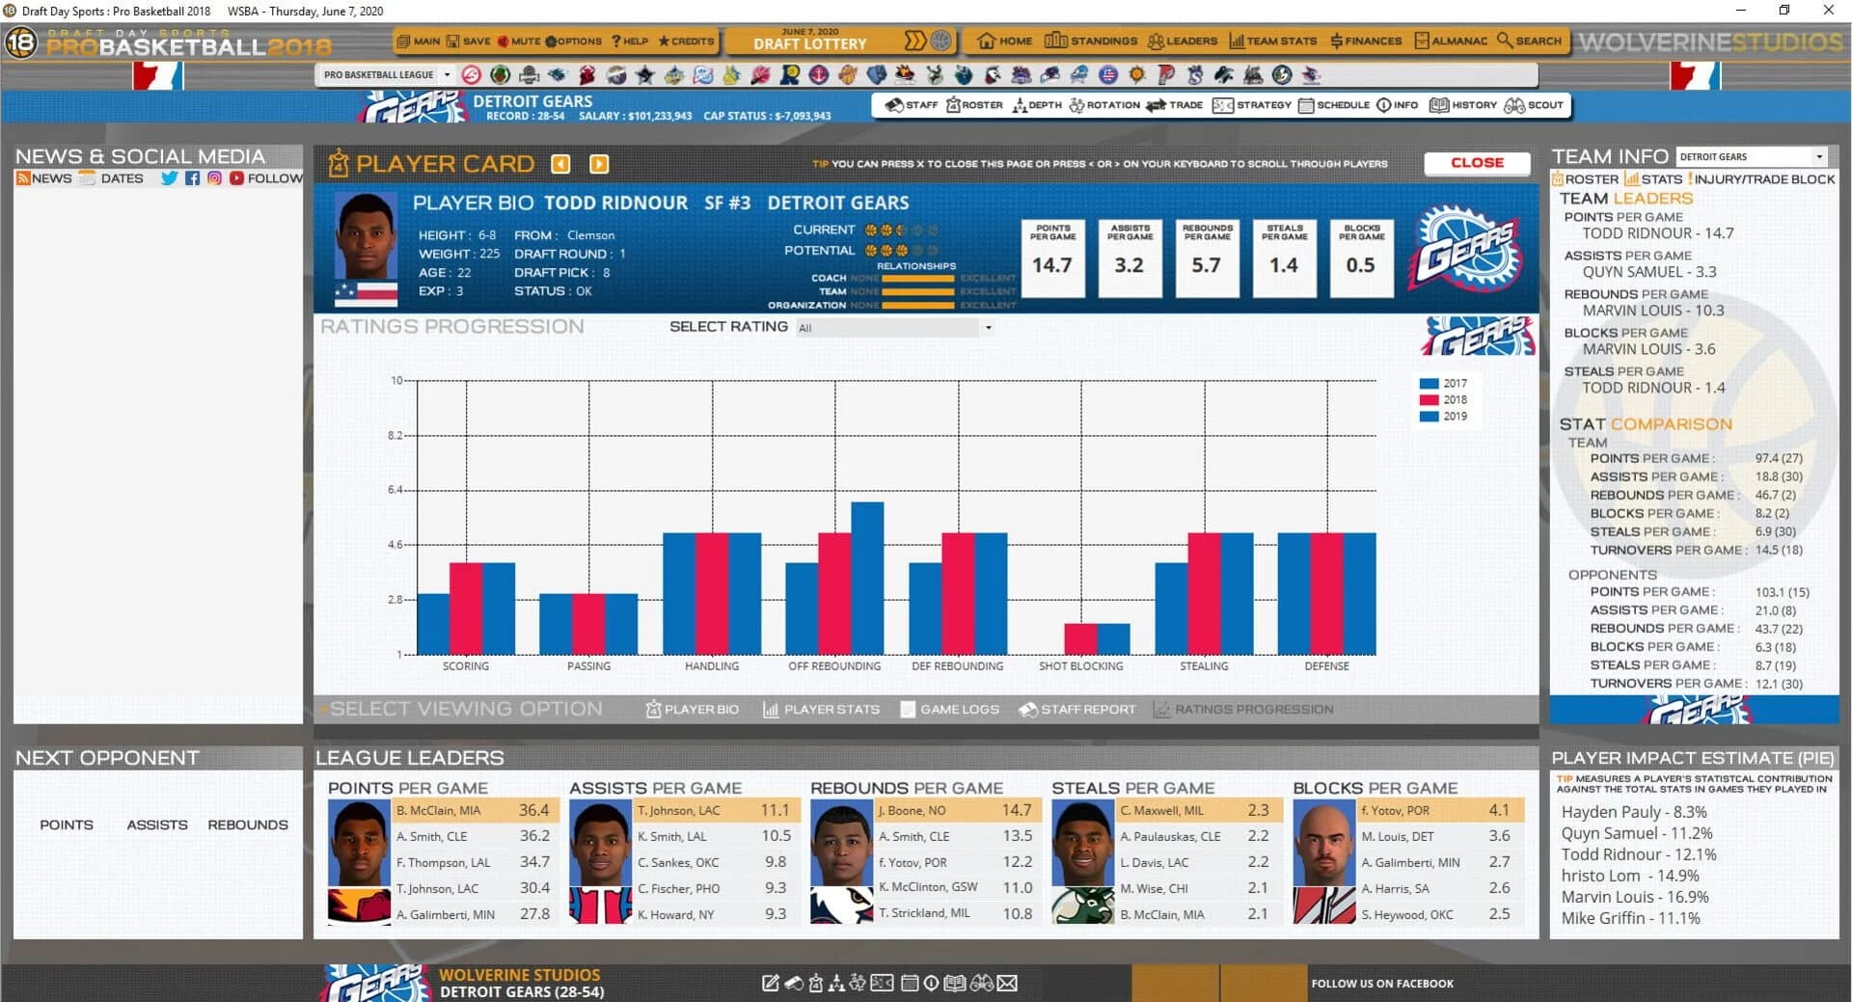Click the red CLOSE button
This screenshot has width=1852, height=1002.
[x=1477, y=163]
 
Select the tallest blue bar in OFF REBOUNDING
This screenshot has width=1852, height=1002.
[x=867, y=577]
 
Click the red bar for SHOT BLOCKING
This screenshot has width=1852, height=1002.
[x=1080, y=638]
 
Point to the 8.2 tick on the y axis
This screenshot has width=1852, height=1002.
[x=395, y=436]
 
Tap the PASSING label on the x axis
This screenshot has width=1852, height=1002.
[x=588, y=666]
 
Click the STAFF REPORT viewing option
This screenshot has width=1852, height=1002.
[x=1077, y=709]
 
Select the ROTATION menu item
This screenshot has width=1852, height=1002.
[x=1104, y=105]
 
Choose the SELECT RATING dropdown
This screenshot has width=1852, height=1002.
[x=893, y=328]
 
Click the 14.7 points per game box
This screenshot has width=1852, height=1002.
[x=1052, y=257]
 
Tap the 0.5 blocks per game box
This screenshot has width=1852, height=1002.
[x=1361, y=257]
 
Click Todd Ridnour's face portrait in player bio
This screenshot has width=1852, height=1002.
[x=366, y=236]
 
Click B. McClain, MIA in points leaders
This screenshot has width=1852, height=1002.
[x=438, y=811]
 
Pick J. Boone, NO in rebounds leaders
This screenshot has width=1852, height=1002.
[x=911, y=811]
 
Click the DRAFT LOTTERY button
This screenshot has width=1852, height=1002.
[x=810, y=41]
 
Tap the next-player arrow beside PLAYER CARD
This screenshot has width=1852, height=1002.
[x=599, y=164]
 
